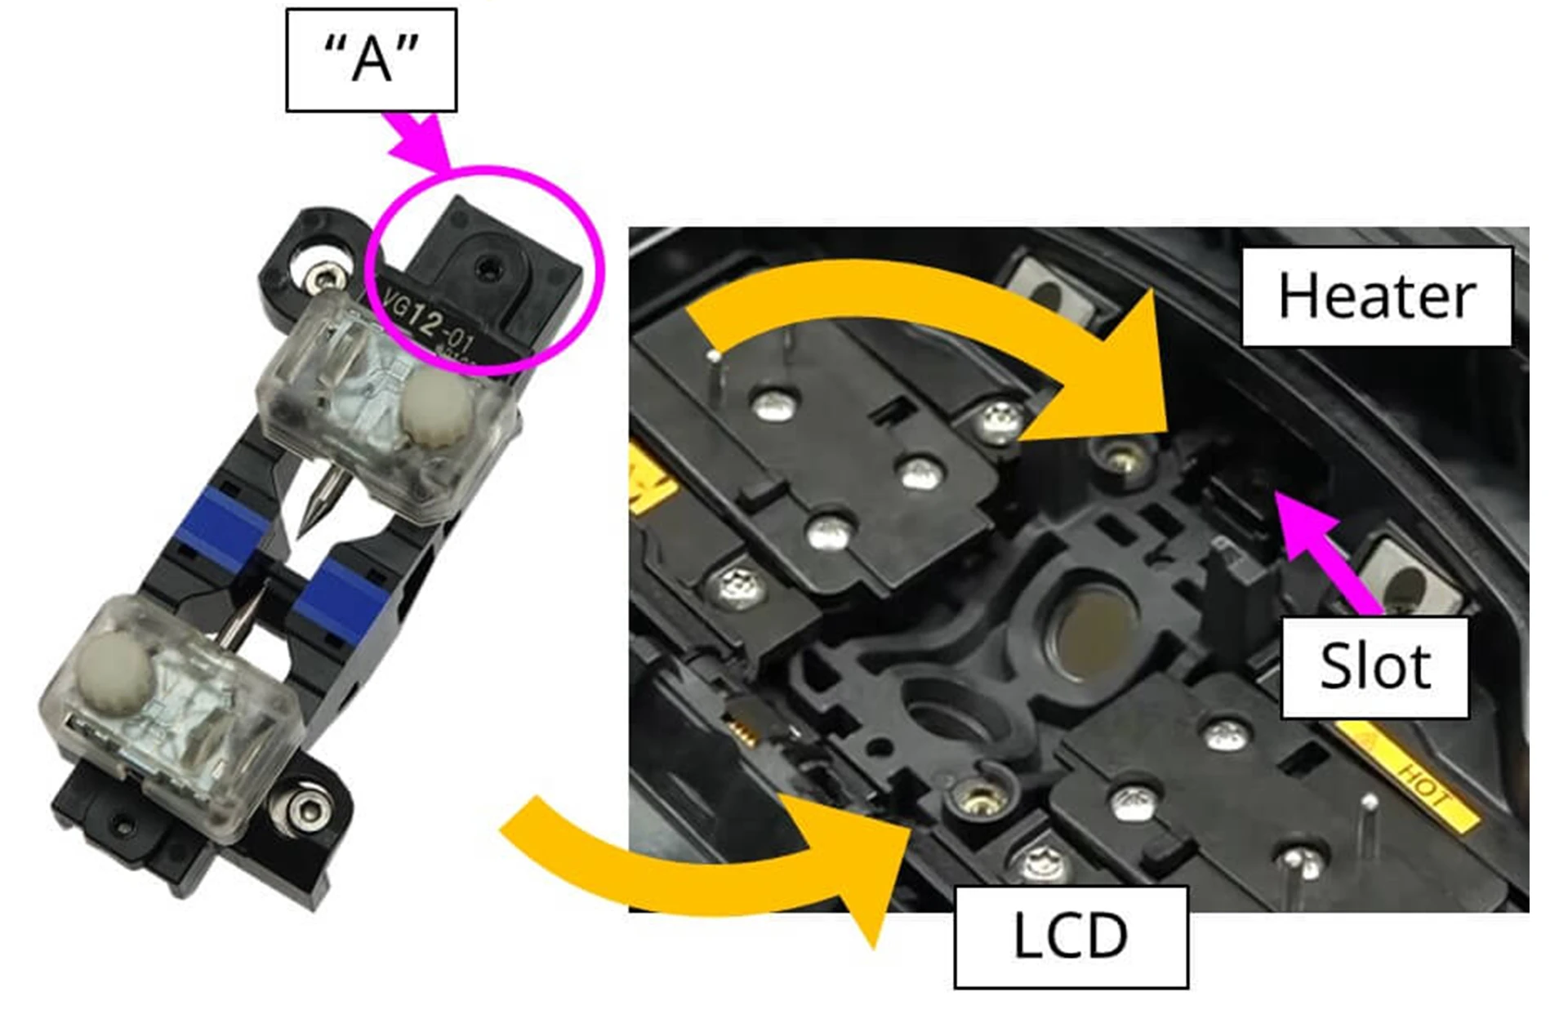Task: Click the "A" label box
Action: [x=372, y=60]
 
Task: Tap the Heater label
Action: [x=1377, y=296]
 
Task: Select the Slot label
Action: [x=1375, y=667]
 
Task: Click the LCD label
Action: [x=1071, y=936]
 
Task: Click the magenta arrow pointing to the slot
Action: [x=1327, y=552]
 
